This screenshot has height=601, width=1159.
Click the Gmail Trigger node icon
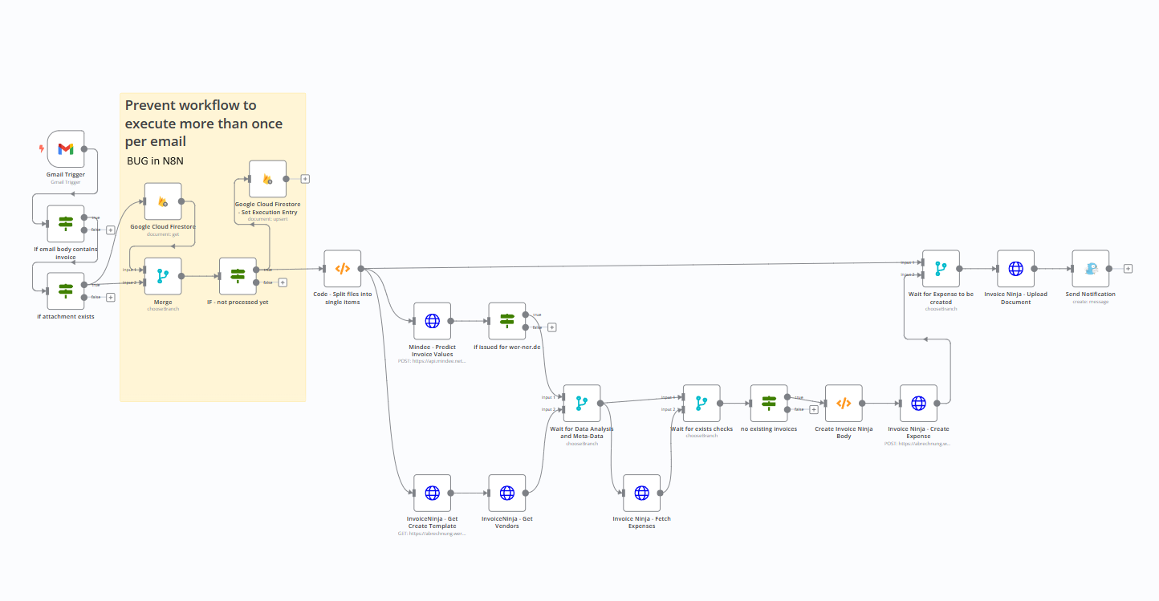pos(66,149)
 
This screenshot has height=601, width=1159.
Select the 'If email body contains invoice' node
pos(66,224)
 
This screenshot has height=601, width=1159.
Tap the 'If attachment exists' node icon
pos(66,290)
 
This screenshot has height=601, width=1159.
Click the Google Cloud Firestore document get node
pos(163,201)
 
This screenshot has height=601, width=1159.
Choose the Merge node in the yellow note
pos(163,276)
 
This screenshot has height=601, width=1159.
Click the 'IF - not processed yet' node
pos(238,276)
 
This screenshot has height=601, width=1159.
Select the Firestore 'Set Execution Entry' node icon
pos(267,179)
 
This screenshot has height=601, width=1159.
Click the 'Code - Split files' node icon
pos(342,269)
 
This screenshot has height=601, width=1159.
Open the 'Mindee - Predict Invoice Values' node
pos(432,321)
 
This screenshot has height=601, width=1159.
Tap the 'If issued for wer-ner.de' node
pos(506,321)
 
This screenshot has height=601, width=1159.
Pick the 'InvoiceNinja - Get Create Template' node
pos(432,493)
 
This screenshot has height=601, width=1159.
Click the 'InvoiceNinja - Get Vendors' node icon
pos(506,493)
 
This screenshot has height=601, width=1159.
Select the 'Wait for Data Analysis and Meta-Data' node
pos(581,404)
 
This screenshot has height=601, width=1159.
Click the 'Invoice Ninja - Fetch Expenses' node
pos(641,493)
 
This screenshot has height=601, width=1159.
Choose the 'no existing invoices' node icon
pos(768,404)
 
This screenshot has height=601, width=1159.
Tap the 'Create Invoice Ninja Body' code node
pos(844,404)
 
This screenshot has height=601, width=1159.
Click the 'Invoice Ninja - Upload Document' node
pos(1015,269)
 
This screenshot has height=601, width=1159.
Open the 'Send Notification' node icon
pos(1090,269)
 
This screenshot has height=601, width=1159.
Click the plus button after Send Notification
pos(1128,269)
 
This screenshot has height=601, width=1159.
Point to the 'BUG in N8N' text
pos(155,161)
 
